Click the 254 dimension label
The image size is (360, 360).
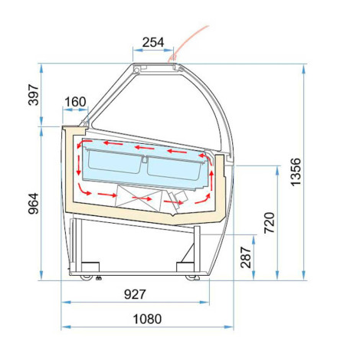click(153, 42)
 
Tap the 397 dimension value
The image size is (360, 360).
click(34, 94)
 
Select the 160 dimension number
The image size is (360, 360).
click(75, 102)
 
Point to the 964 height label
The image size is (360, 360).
click(34, 204)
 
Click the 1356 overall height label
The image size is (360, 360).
click(296, 172)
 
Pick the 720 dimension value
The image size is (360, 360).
click(270, 222)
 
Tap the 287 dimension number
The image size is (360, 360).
click(246, 257)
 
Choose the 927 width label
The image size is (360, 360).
click(135, 294)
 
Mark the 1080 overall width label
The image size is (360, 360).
click(147, 319)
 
